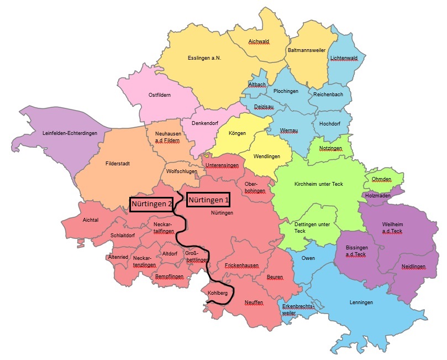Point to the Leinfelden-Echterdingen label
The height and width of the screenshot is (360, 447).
tap(70, 133)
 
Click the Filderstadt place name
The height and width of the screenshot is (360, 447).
tap(117, 164)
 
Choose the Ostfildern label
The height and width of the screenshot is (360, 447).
tap(160, 95)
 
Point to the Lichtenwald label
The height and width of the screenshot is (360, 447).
tap(344, 58)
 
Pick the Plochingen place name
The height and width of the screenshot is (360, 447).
tap(286, 91)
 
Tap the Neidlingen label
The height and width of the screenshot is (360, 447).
tap(414, 267)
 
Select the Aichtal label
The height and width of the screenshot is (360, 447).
tap(90, 220)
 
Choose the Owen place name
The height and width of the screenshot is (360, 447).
tap(308, 258)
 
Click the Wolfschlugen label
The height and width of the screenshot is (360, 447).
tap(181, 171)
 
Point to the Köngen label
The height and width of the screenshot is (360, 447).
tap(237, 133)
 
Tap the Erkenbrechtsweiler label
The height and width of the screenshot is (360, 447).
tap(298, 309)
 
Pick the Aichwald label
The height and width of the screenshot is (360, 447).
tap(258, 41)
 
